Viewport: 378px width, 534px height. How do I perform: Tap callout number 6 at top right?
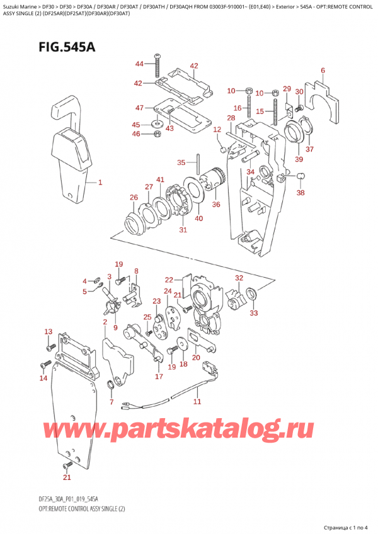click(x=323, y=71)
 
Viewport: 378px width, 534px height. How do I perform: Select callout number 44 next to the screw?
click(x=139, y=64)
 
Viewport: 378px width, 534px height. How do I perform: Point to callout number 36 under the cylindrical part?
click(x=216, y=204)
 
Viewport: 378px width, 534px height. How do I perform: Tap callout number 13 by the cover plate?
click(x=48, y=332)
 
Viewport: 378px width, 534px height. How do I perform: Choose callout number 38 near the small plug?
click(x=301, y=193)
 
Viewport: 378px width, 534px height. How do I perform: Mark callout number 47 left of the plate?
click(x=139, y=108)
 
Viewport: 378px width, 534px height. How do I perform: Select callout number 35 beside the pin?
click(x=181, y=162)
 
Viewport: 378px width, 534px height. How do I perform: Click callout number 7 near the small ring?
click(x=112, y=401)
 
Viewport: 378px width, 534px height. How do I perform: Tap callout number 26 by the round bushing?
click(x=134, y=198)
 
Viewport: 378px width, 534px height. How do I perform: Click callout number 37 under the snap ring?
click(x=309, y=149)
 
